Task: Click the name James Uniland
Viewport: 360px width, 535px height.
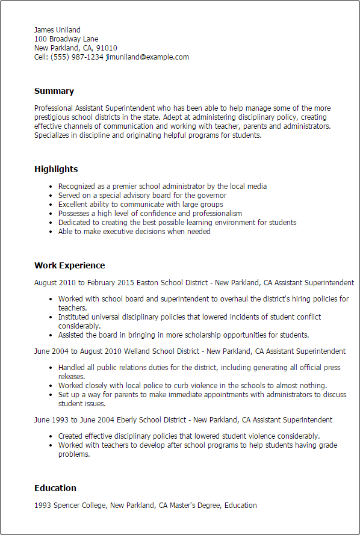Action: pyautogui.click(x=57, y=30)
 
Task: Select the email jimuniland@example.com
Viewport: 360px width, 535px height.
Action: pyautogui.click(x=147, y=57)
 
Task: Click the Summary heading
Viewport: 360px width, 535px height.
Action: pyautogui.click(x=54, y=91)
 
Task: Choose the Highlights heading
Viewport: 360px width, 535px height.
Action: pyautogui.click(x=56, y=170)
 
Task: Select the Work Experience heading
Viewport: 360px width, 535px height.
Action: pyautogui.click(x=69, y=265)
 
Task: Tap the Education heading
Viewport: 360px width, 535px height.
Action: pyautogui.click(x=55, y=488)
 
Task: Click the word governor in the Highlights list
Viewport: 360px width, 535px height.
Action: pyautogui.click(x=211, y=196)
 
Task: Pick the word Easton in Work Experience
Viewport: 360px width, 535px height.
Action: pyautogui.click(x=148, y=282)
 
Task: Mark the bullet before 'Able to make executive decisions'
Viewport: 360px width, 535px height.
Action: pyautogui.click(x=51, y=232)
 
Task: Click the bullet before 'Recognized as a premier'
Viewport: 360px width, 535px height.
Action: pyautogui.click(x=51, y=187)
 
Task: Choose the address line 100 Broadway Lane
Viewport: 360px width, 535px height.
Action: pyautogui.click(x=66, y=39)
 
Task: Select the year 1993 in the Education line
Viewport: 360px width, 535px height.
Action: pyautogui.click(x=43, y=505)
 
